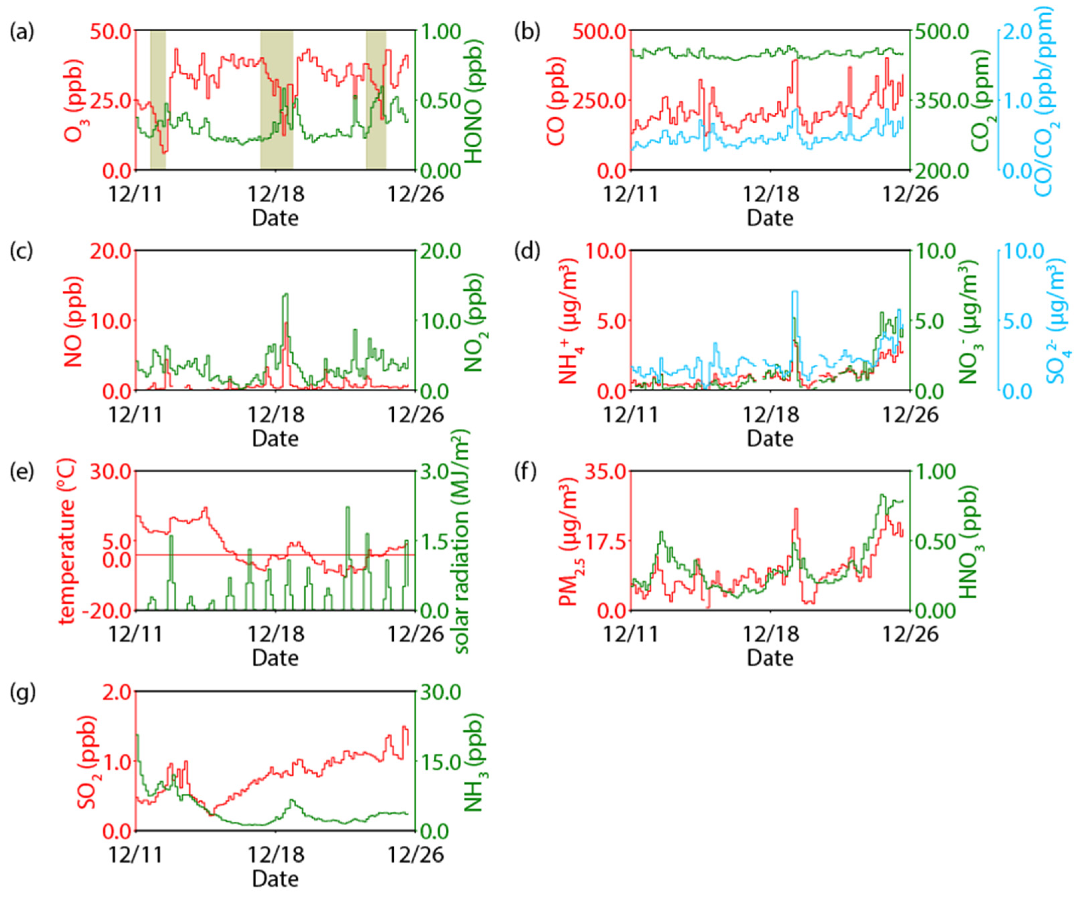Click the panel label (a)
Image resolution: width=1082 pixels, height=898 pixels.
click(x=22, y=32)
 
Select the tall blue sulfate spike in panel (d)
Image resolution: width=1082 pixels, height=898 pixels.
click(x=795, y=292)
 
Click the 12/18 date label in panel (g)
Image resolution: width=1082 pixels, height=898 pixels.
click(x=276, y=855)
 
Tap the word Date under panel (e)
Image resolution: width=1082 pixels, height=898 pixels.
click(x=275, y=658)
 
